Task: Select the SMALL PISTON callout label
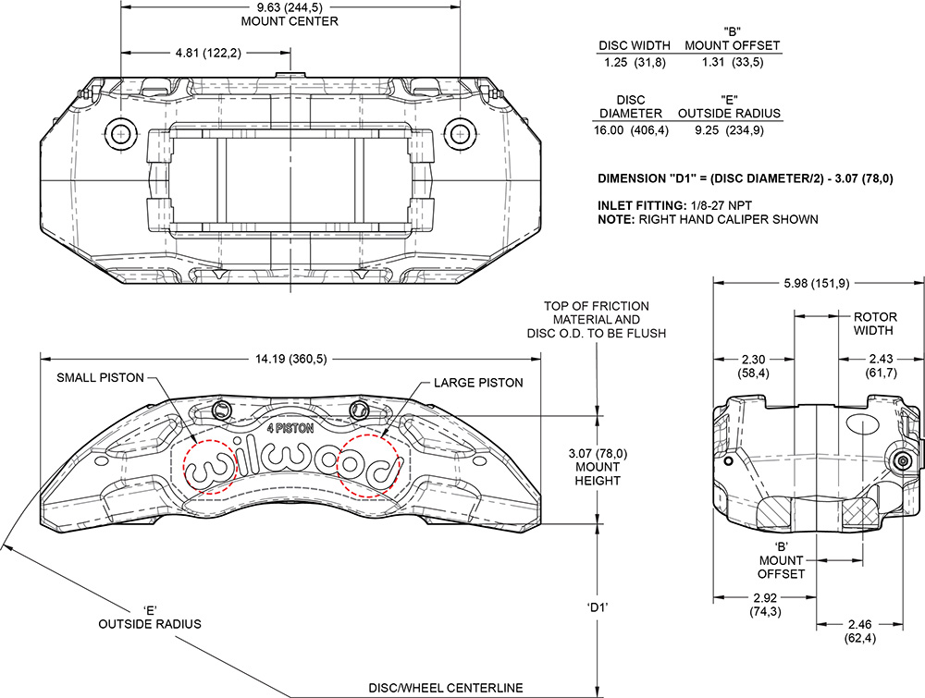[103, 378]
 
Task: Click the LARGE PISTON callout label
[478, 382]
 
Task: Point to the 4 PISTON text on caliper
[290, 428]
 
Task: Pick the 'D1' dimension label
[601, 606]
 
